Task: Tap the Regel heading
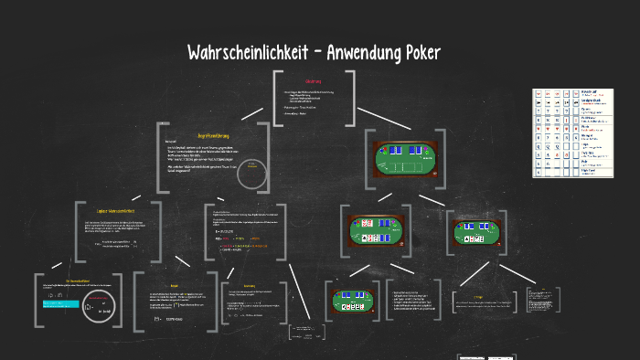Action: pos(175,284)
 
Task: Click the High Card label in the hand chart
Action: pos(589,169)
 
